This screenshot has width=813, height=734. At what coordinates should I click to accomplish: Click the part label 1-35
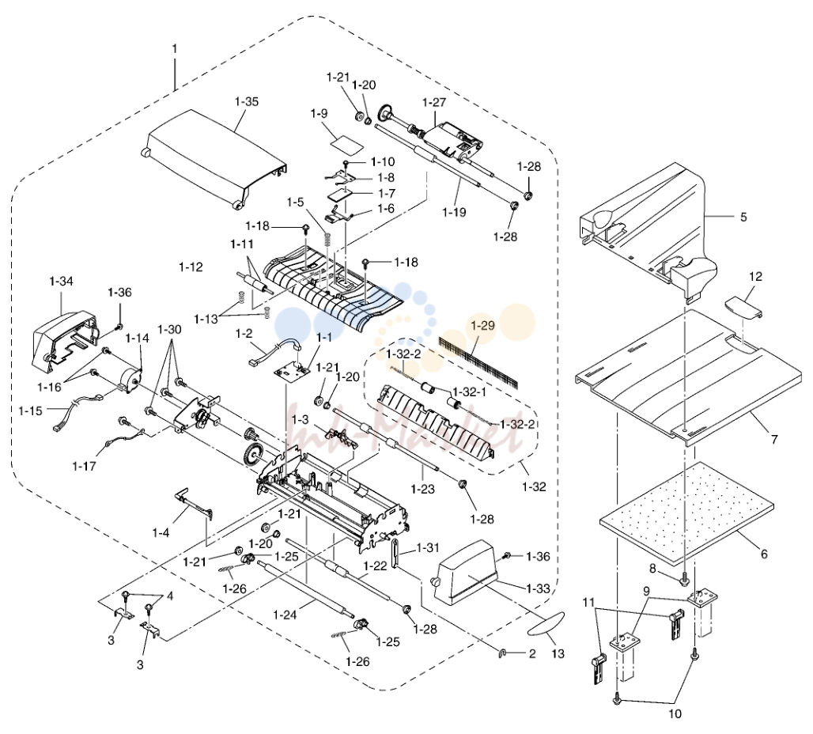[x=246, y=102]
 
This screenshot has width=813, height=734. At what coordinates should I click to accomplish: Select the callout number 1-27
[x=434, y=102]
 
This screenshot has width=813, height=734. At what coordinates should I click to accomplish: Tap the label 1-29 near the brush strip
[x=482, y=325]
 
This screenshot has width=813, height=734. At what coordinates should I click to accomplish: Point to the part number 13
[x=558, y=653]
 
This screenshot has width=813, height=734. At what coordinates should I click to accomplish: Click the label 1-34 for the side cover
[x=61, y=281]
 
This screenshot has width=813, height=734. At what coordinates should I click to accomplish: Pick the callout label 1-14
[x=138, y=339]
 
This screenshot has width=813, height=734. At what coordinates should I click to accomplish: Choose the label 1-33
[x=538, y=588]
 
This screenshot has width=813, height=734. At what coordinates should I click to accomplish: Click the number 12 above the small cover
[x=755, y=277]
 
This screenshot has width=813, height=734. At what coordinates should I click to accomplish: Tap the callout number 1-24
[x=285, y=615]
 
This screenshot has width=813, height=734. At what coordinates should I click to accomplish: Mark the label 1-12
[x=191, y=267]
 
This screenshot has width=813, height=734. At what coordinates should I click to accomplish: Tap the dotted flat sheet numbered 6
[x=686, y=513]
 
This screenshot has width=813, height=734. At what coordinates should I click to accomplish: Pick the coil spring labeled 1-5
[x=327, y=240]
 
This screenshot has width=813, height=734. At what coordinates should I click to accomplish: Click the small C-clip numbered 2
[x=502, y=653]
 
